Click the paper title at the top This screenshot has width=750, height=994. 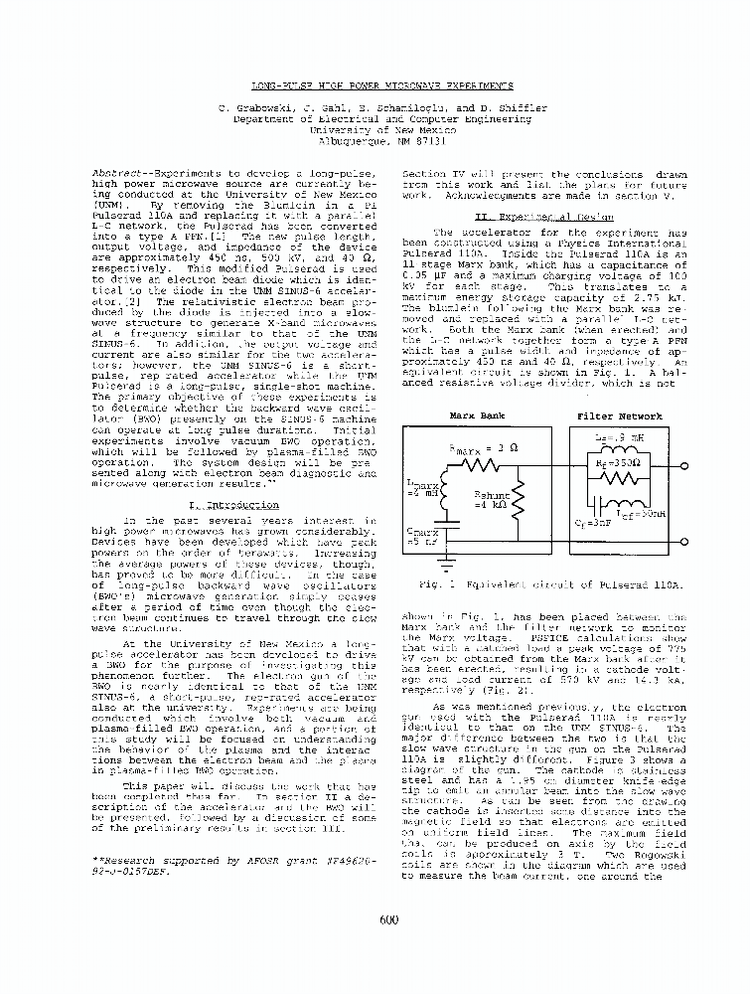click(x=381, y=86)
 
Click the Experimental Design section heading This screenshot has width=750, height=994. click(x=543, y=215)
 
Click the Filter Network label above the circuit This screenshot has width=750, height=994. click(x=619, y=416)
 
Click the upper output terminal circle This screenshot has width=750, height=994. click(x=683, y=467)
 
